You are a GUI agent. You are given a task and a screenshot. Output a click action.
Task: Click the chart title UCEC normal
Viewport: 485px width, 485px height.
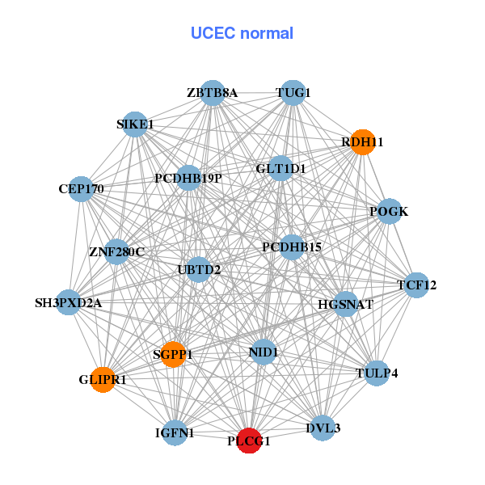coord(242,33)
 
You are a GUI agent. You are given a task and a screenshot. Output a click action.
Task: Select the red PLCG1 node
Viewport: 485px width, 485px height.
coord(249,441)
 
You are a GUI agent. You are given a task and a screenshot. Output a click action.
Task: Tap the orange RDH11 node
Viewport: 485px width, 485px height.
coord(362,141)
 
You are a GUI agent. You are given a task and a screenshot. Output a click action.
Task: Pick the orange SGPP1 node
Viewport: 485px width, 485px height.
coord(173,354)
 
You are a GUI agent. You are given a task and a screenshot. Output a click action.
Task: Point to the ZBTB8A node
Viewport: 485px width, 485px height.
coord(212,93)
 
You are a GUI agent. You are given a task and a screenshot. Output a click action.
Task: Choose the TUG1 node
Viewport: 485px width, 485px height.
coord(293,93)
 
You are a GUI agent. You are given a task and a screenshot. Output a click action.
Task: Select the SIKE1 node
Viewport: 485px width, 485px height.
coord(135,124)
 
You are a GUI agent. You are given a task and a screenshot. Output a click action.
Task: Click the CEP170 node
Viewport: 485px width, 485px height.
coord(81,189)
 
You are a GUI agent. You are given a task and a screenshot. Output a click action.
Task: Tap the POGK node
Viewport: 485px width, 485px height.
coord(389,212)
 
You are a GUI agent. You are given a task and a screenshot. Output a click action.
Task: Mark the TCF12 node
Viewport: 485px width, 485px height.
coord(416,285)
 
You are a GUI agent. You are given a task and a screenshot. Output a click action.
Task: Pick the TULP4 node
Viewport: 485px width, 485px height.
coord(377,373)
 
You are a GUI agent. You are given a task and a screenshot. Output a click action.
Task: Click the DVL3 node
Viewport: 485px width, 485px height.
coord(323,428)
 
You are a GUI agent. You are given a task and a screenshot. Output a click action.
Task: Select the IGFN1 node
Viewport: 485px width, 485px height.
coord(175,433)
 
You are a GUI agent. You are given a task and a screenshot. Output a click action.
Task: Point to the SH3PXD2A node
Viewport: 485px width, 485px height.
coord(68,303)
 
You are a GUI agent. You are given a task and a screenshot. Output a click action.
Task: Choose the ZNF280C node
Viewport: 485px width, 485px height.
coord(117,252)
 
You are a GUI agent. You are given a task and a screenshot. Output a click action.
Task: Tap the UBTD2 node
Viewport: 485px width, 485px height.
coord(199,269)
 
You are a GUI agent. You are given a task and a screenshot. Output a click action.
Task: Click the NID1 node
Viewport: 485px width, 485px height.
coord(264,352)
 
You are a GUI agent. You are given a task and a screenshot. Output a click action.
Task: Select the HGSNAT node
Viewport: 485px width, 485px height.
coord(345,305)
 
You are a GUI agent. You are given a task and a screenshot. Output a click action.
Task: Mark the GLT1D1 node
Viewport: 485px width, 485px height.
coord(280,169)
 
